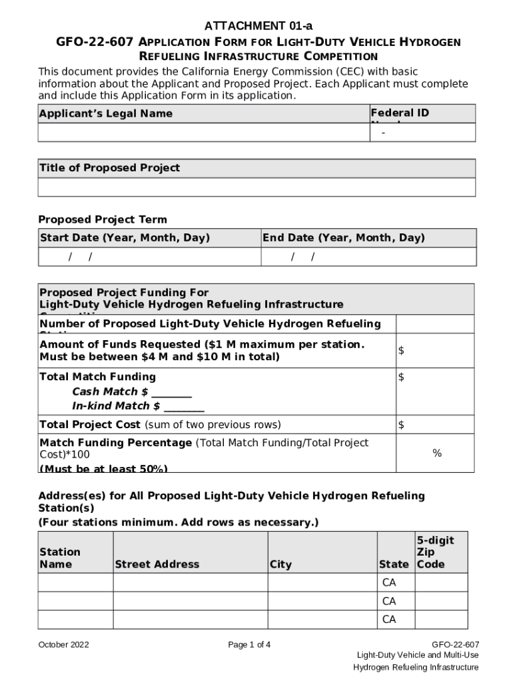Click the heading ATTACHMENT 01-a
(x=258, y=26)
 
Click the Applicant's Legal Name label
(x=106, y=114)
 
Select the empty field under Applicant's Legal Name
(x=203, y=133)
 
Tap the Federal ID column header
(x=400, y=113)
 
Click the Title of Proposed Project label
(x=110, y=168)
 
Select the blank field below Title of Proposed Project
(x=256, y=187)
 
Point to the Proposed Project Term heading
(x=103, y=219)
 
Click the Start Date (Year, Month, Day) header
(x=125, y=238)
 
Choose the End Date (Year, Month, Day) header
(x=343, y=238)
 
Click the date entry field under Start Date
(x=149, y=257)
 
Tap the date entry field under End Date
(x=368, y=257)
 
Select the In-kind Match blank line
(x=184, y=406)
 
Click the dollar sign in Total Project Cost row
(x=401, y=425)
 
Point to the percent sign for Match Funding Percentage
(x=436, y=454)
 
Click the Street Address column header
(x=157, y=564)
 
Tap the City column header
(x=280, y=564)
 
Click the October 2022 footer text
(x=63, y=645)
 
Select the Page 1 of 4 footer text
(x=249, y=645)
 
